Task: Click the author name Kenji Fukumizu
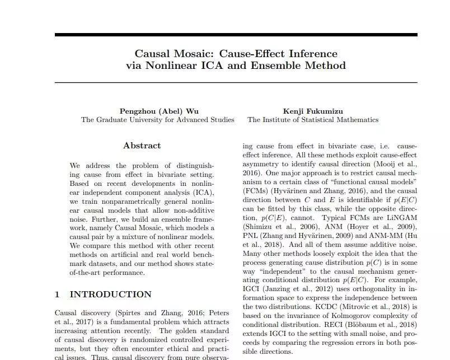click(x=313, y=110)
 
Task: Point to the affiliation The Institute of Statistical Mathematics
click(x=313, y=120)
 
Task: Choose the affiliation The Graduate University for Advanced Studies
click(x=157, y=120)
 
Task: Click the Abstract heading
click(x=142, y=146)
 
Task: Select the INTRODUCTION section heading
click(x=110, y=294)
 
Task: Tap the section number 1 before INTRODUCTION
click(x=57, y=294)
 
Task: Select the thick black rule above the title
click(x=236, y=35)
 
